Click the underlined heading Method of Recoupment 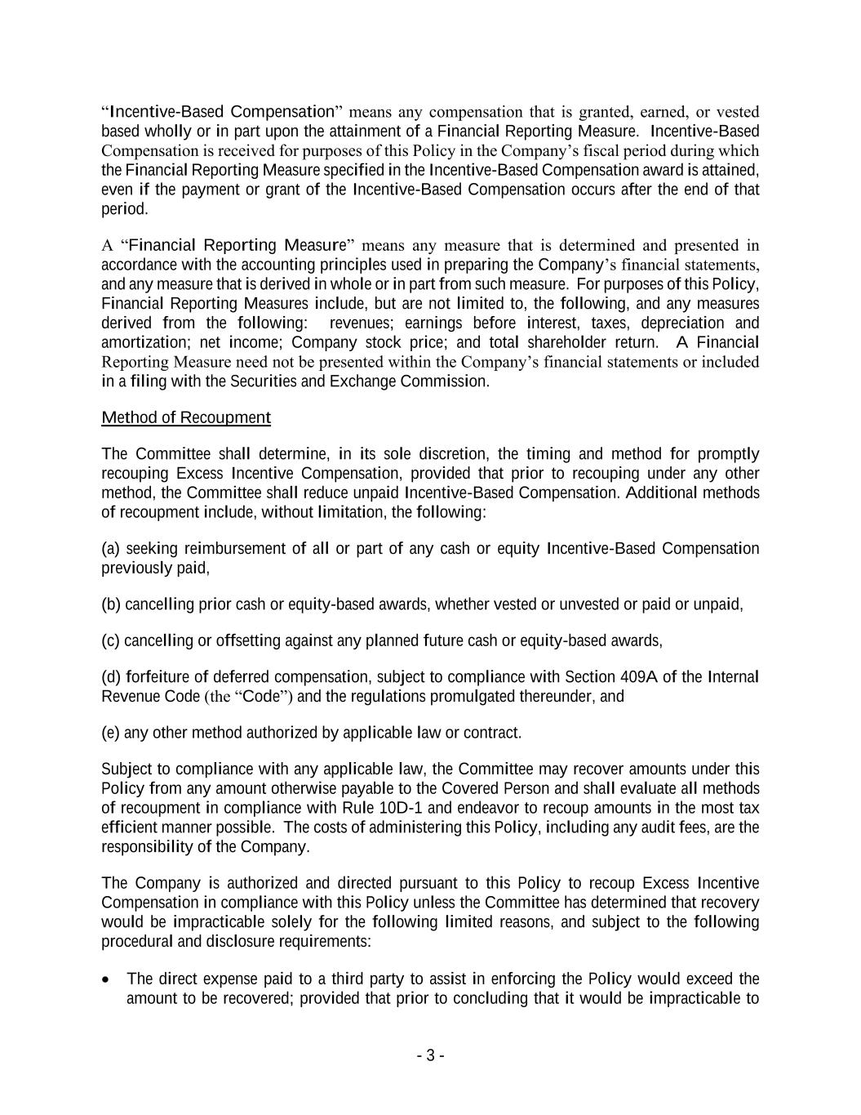click(x=185, y=417)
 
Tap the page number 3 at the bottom click(x=430, y=1055)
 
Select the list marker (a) click(x=111, y=548)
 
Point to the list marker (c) click(x=111, y=640)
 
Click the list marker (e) click(x=111, y=733)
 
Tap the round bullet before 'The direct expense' click(x=107, y=979)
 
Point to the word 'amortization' click(x=145, y=342)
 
